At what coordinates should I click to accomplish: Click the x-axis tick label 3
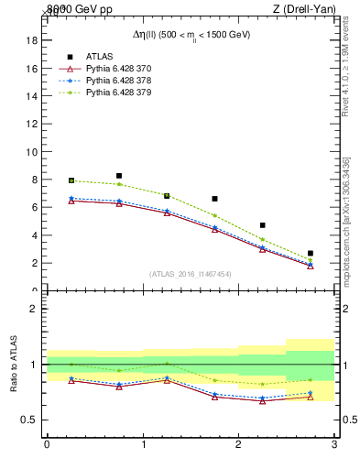click(x=334, y=444)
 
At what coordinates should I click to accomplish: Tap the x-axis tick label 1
click(x=143, y=444)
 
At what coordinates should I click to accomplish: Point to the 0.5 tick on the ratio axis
click(x=28, y=420)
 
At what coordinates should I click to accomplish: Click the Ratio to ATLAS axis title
click(x=14, y=365)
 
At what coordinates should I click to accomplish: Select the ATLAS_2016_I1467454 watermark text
click(x=190, y=274)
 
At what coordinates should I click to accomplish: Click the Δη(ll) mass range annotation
click(x=191, y=34)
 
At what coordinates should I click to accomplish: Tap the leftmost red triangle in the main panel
click(x=71, y=201)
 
